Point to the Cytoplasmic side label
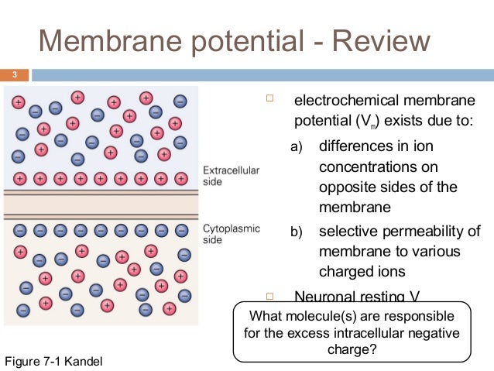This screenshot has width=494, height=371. point(231,235)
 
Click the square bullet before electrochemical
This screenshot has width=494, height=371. point(270,99)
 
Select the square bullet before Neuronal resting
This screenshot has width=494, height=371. point(270,295)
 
